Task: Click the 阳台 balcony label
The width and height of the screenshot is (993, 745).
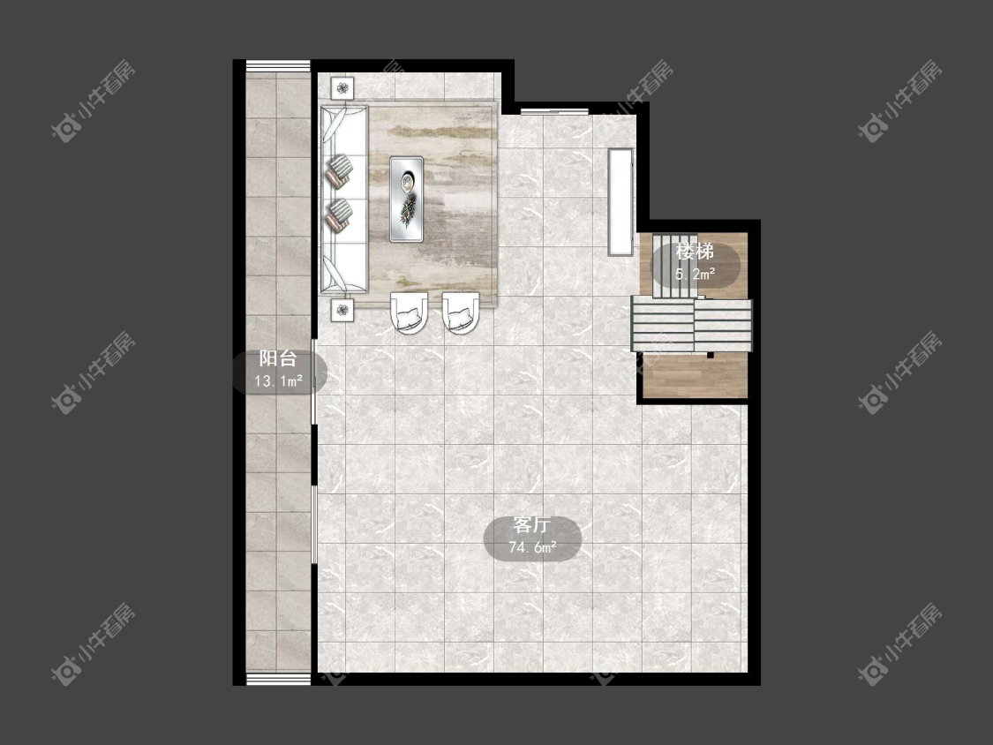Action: [x=278, y=358]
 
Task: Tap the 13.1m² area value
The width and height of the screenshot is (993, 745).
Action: [x=278, y=380]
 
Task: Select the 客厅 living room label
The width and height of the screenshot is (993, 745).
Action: [x=532, y=525]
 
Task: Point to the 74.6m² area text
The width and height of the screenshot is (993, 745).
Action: [x=532, y=547]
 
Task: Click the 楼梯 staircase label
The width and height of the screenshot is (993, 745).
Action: [x=695, y=252]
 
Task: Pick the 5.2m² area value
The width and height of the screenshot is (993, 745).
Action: [x=695, y=274]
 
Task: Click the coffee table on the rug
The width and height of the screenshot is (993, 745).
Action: [x=407, y=199]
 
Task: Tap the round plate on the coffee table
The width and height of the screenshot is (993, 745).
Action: [x=407, y=182]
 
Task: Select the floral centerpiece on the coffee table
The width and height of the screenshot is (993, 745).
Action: [x=407, y=210]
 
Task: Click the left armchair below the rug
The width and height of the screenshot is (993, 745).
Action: [x=409, y=312]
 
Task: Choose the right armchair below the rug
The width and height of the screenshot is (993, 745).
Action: [x=461, y=312]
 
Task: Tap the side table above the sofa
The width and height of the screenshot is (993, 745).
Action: [x=342, y=88]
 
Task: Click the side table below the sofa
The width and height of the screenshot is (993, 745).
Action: [x=342, y=310]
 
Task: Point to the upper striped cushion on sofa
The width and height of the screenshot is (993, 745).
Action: [x=339, y=171]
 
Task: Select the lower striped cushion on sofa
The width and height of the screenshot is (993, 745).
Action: [x=339, y=215]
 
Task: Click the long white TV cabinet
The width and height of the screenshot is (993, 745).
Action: [x=621, y=201]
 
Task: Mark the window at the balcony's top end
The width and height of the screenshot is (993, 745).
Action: [x=278, y=66]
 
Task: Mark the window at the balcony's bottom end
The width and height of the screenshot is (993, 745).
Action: [x=278, y=679]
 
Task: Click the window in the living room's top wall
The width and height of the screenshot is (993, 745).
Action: [x=555, y=111]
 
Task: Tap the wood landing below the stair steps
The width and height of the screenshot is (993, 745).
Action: [x=695, y=375]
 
